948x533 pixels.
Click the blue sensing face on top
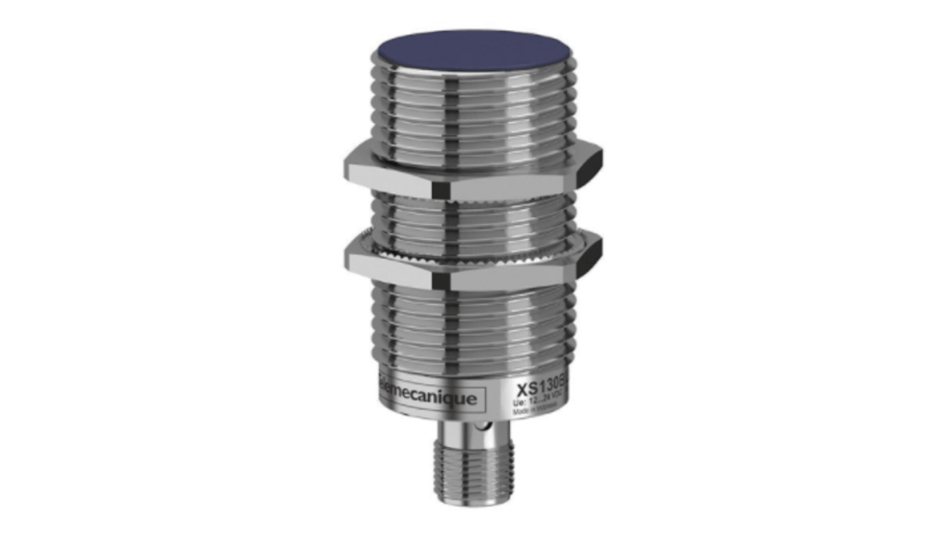pyautogui.click(x=473, y=52)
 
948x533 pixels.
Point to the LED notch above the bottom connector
pyautogui.click(x=476, y=427)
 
